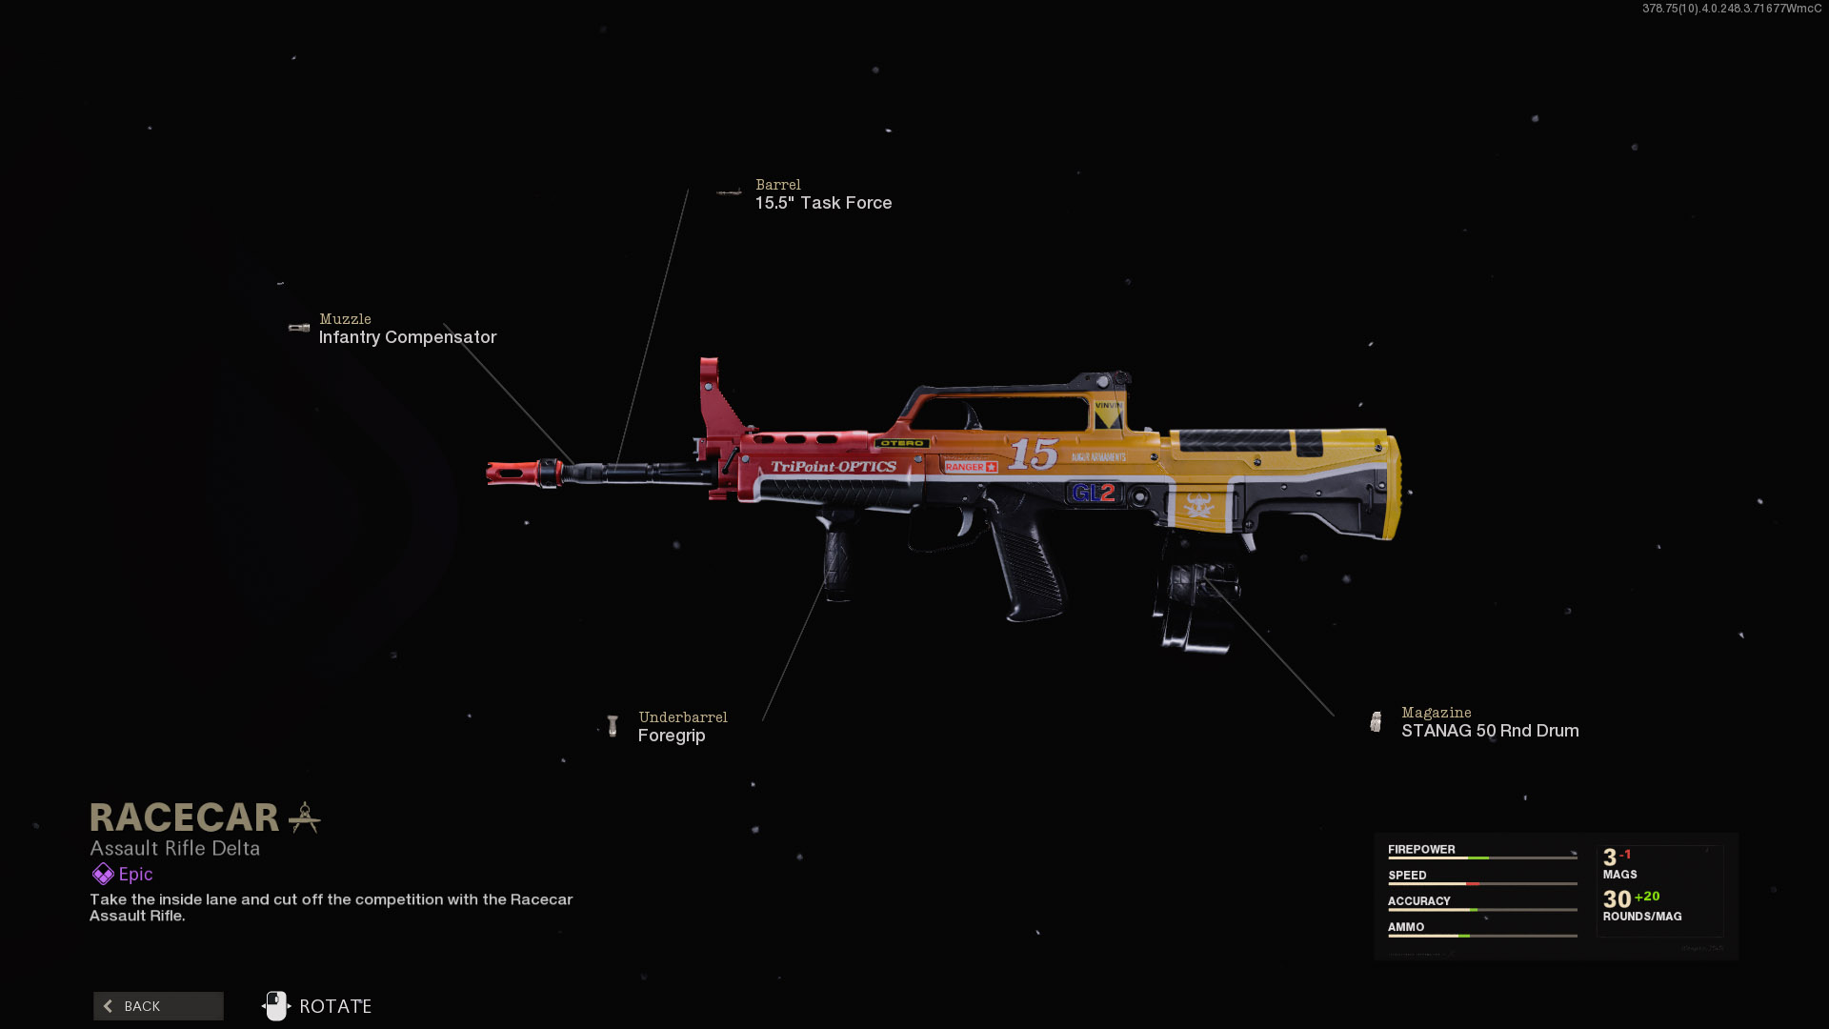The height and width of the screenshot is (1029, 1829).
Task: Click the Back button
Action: [158, 1006]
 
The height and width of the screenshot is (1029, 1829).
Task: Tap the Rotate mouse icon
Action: [276, 1006]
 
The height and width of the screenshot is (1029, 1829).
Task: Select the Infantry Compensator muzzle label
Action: [407, 337]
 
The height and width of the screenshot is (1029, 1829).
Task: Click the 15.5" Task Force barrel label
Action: [823, 203]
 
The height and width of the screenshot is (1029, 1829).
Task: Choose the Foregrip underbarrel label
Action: [672, 736]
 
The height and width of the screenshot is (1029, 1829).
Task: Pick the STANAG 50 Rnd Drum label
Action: [1489, 731]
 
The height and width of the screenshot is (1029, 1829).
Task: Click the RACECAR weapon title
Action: [185, 817]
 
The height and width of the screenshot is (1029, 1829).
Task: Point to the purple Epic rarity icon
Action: [103, 874]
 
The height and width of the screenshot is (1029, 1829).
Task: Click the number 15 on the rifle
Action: [1034, 454]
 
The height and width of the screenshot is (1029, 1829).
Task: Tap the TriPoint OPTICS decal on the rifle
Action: [834, 467]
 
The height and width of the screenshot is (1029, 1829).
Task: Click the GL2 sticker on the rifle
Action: [1093, 493]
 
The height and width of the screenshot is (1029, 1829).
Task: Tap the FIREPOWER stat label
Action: [1421, 849]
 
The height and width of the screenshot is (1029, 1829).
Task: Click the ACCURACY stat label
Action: [1418, 900]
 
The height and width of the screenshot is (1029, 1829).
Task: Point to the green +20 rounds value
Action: [1647, 897]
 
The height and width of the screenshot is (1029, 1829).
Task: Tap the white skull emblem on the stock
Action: [1198, 504]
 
